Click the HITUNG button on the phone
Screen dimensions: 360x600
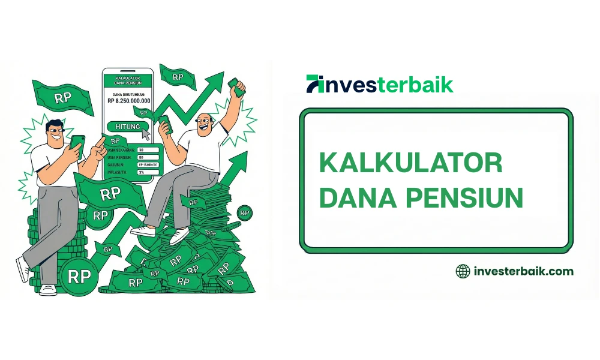coord(127,127)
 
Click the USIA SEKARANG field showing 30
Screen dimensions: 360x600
coord(148,149)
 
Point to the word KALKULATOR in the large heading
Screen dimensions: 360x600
coord(410,163)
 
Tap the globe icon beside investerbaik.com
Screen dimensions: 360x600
coord(463,271)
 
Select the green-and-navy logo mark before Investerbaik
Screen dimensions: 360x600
coord(314,84)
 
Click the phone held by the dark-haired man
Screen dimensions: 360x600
coord(77,143)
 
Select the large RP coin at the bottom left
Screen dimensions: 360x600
coord(79,277)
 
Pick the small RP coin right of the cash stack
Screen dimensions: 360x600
coord(244,212)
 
